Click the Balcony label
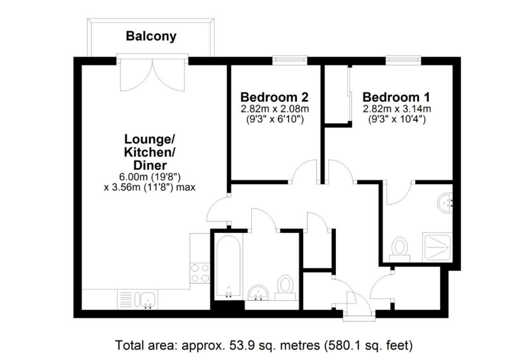pos(151,36)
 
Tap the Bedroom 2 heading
pos(274,97)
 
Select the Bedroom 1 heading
pos(396,97)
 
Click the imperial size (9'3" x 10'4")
pos(396,120)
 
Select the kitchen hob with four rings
pos(200,273)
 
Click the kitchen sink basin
pos(148,299)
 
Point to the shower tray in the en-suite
pos(437,247)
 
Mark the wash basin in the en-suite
pos(446,202)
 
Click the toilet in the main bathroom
pos(285,285)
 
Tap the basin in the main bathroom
pos(258,293)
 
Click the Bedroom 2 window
pos(290,59)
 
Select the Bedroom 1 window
pos(403,59)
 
